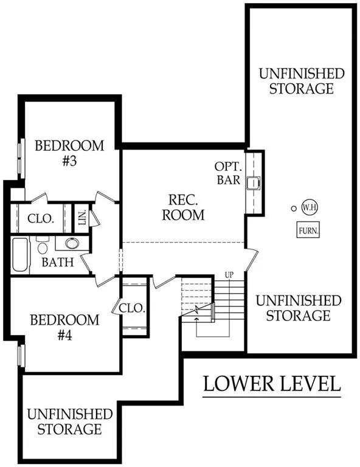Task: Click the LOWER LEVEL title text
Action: point(271,384)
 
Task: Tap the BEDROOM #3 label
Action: point(69,153)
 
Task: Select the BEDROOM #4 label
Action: point(64,327)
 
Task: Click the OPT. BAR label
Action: point(228,173)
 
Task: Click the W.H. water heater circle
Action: point(308,207)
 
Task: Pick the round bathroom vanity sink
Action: point(72,244)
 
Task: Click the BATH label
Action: point(58,263)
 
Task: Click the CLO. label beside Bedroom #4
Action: point(133,308)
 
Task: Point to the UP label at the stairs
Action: point(230,274)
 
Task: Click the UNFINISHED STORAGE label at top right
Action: point(302,81)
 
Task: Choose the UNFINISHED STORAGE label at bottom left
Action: point(70,421)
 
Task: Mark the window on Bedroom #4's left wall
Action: point(20,356)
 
